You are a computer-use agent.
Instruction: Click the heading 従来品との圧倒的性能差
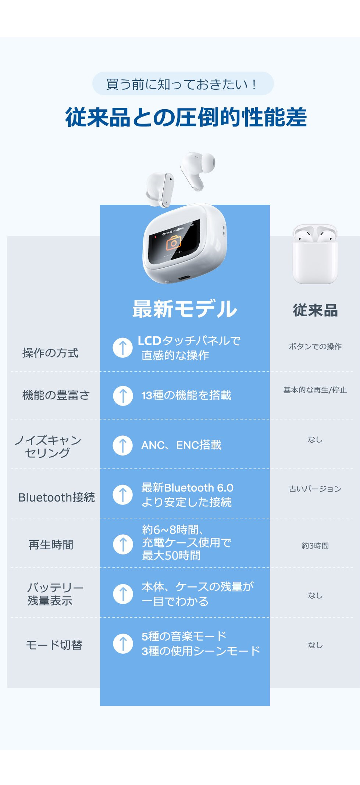[186, 118]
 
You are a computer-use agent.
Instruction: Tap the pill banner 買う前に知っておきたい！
[183, 84]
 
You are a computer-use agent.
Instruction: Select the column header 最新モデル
[185, 309]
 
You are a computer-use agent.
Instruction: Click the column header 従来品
[315, 310]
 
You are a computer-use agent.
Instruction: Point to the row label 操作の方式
[50, 353]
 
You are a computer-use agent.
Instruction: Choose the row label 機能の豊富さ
[56, 395]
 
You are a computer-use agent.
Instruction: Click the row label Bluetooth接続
[57, 497]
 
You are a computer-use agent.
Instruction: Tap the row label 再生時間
[51, 545]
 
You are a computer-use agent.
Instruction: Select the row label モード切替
[54, 645]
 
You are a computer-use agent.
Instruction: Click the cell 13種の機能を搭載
[186, 395]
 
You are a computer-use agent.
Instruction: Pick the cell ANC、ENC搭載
[181, 445]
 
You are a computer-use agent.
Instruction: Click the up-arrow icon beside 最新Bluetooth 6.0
[123, 495]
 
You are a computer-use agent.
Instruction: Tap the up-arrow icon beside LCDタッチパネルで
[123, 347]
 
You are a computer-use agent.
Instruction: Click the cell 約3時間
[315, 546]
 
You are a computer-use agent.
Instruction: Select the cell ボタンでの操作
[315, 346]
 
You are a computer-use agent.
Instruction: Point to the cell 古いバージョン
[315, 489]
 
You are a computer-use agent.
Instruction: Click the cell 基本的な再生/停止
[315, 390]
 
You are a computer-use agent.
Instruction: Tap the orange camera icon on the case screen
[174, 243]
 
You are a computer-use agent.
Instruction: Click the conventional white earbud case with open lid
[315, 254]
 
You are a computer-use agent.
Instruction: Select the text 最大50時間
[171, 556]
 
